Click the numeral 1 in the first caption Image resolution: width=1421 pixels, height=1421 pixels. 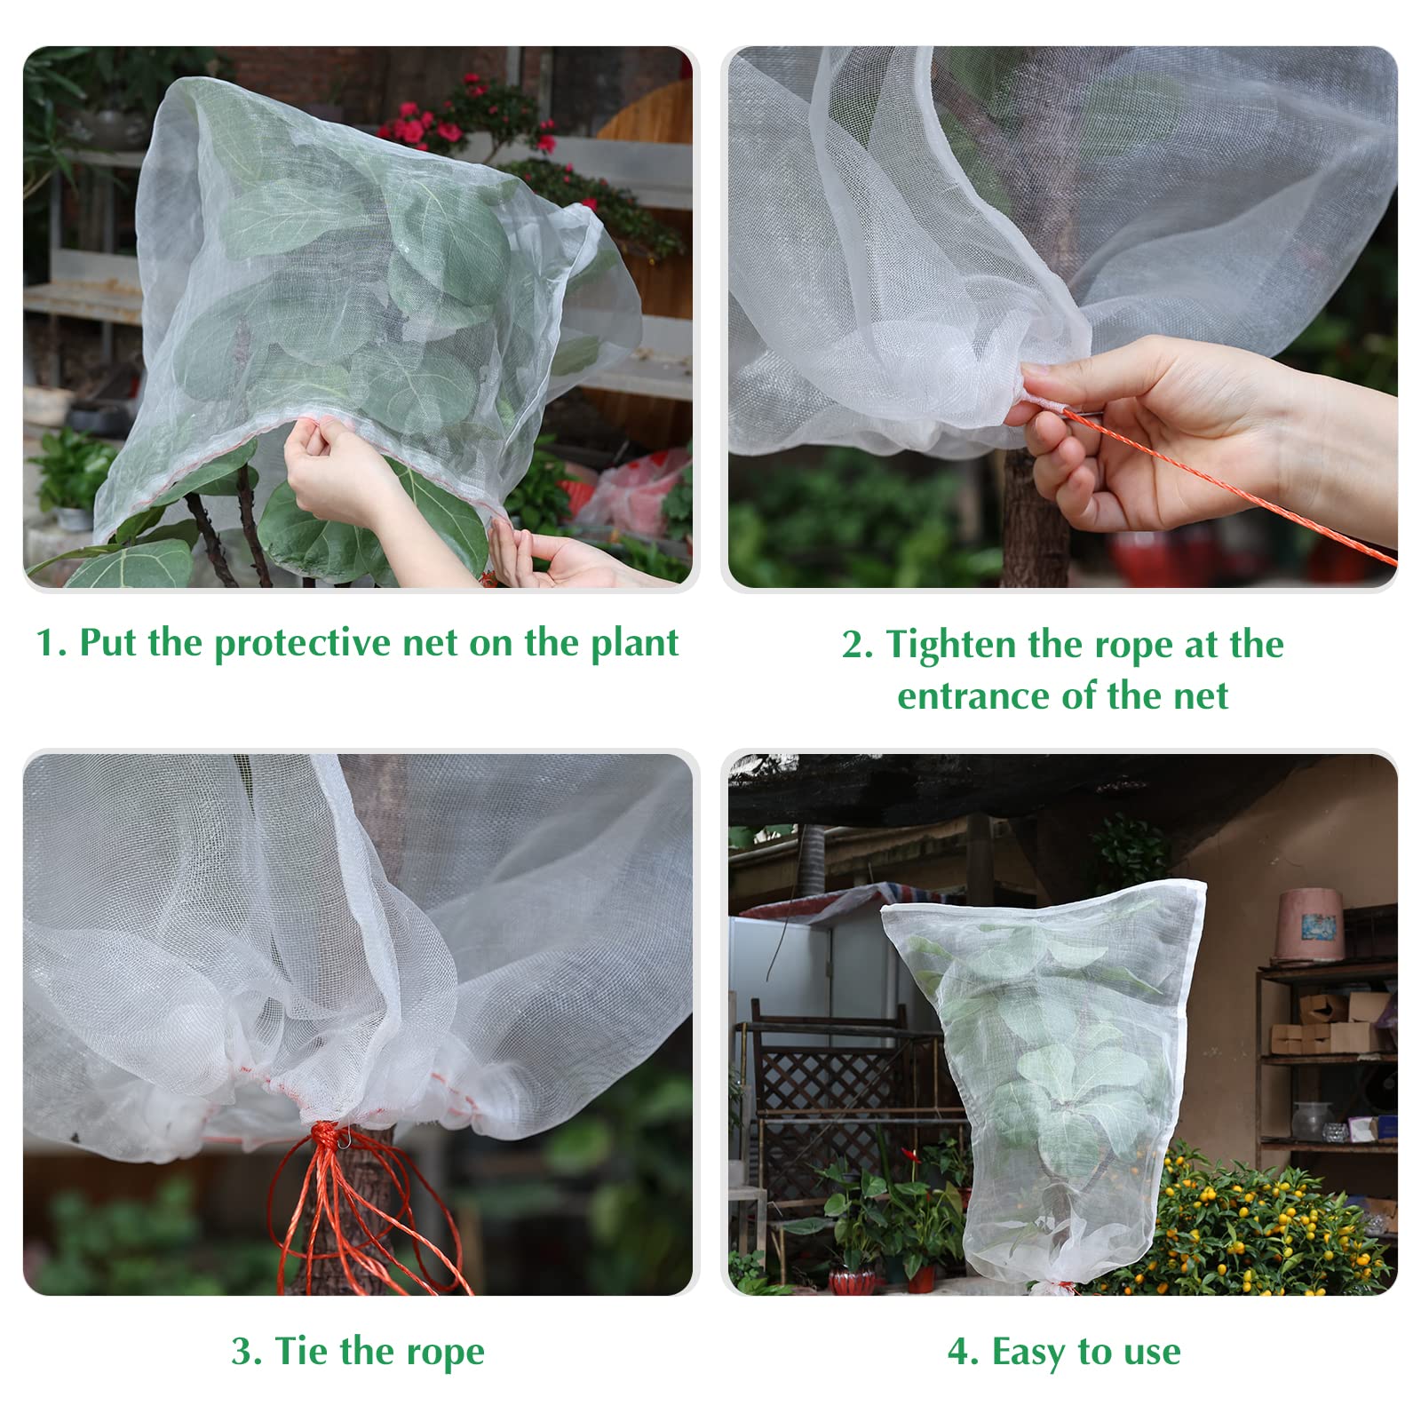click(x=46, y=643)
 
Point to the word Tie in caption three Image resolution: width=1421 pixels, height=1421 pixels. click(x=302, y=1351)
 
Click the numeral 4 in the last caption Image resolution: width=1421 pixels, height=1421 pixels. click(x=959, y=1352)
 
